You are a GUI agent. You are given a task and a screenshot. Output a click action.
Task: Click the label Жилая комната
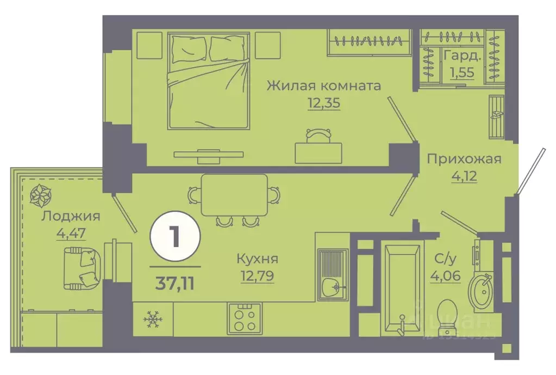tap(323, 85)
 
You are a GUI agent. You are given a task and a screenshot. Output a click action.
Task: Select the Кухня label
tap(257, 259)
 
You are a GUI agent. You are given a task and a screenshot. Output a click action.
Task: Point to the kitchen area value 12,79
tap(257, 276)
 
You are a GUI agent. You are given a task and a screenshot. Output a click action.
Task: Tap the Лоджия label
tap(70, 216)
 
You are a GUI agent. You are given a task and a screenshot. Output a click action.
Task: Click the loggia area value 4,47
tap(70, 233)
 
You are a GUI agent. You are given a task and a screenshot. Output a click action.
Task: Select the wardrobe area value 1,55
tap(461, 73)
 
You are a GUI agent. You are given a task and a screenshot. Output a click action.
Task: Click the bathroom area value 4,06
tap(446, 276)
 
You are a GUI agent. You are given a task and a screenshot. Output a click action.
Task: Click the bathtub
tap(402, 288)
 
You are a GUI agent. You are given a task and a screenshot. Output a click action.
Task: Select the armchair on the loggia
tap(80, 268)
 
